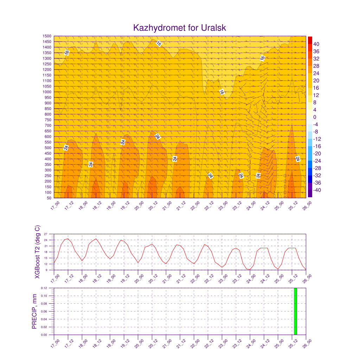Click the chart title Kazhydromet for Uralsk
(180, 28)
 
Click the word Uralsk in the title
(213, 28)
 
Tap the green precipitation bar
(295, 311)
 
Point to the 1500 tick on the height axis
(47, 36)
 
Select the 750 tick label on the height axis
(48, 120)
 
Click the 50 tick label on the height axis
(49, 198)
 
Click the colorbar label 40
(316, 44)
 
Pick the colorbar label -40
(317, 190)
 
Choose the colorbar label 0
(315, 117)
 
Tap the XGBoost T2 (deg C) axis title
(37, 252)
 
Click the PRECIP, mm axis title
(34, 311)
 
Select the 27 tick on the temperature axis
(46, 234)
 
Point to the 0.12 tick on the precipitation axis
(44, 288)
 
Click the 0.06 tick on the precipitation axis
(44, 311)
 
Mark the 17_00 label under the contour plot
(55, 205)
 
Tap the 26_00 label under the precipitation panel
(307, 344)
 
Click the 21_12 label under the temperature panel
(181, 279)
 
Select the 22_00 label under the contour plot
(195, 205)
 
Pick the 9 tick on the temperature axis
(46, 270)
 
